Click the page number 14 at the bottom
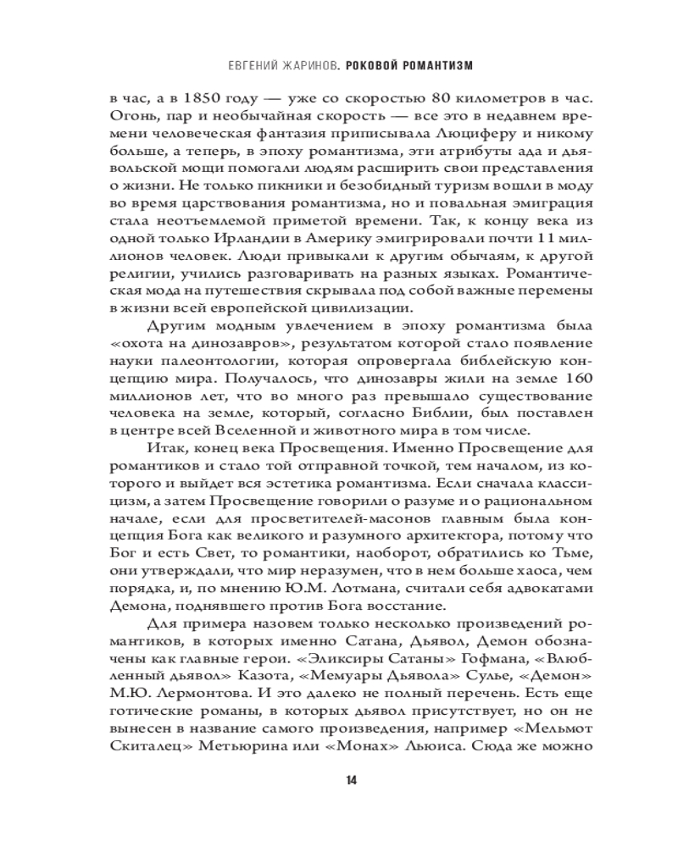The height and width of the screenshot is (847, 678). pos(338,780)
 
